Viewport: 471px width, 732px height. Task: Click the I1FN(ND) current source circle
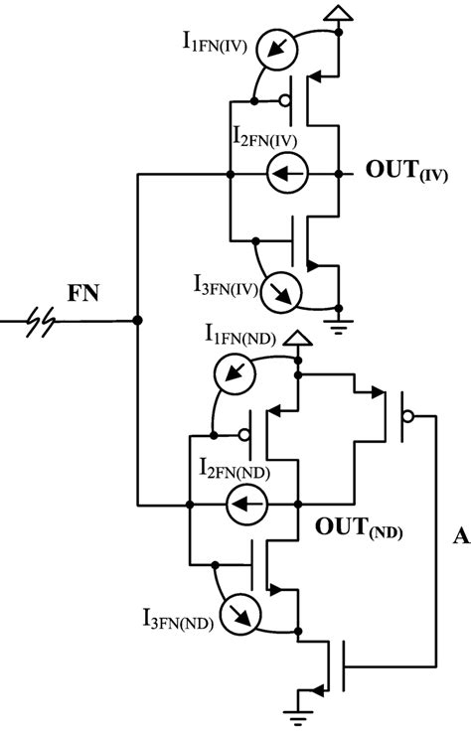(235, 379)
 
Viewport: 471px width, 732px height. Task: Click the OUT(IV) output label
(406, 171)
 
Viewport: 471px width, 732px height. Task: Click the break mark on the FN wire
(43, 321)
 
